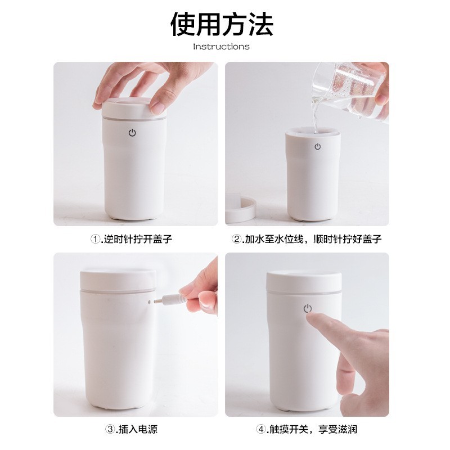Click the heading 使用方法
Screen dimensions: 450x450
coord(222,24)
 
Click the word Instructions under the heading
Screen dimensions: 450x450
coord(221,47)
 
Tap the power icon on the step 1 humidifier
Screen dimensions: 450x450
coord(132,133)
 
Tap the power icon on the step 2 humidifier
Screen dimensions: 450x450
coord(317,147)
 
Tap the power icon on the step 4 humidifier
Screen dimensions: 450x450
coord(308,308)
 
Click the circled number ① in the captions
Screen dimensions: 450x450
coord(95,238)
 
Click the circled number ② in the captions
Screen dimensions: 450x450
coord(236,238)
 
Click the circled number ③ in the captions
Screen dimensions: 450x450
coord(110,429)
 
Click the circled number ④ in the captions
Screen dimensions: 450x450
coord(260,429)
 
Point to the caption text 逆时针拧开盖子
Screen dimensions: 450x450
coord(138,238)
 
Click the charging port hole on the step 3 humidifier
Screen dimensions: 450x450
coord(149,302)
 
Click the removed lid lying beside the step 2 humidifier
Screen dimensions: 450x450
coord(241,209)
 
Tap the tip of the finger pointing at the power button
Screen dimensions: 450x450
coord(309,316)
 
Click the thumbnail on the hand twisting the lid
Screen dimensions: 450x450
coord(157,108)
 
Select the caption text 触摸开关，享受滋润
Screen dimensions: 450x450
coord(313,429)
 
